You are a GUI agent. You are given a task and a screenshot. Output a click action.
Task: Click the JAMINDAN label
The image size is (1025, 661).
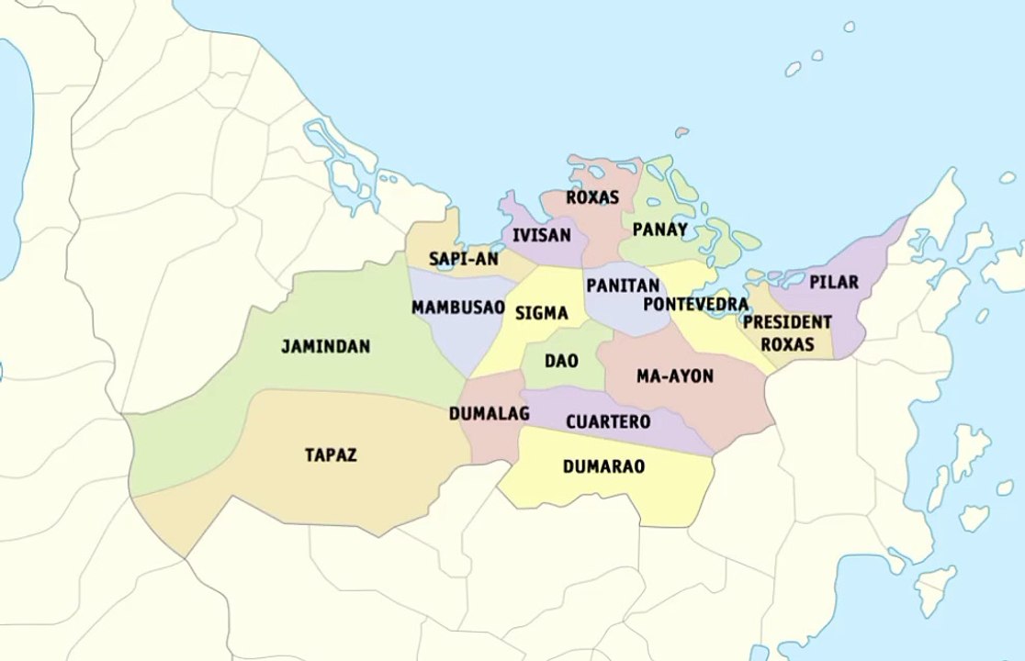click(325, 347)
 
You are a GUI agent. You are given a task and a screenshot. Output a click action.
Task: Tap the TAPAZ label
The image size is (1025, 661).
click(331, 454)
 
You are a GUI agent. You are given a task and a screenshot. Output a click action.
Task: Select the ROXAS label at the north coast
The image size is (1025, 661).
click(592, 197)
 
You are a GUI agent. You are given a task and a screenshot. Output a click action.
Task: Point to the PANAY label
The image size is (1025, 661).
click(659, 230)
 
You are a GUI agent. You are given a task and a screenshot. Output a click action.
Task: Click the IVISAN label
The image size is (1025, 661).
click(542, 235)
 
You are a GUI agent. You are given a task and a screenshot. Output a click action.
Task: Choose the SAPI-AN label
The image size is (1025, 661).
click(464, 260)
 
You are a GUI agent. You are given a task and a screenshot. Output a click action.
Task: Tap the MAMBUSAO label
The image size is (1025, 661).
click(457, 308)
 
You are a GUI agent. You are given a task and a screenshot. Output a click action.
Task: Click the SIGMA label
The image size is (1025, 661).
click(541, 313)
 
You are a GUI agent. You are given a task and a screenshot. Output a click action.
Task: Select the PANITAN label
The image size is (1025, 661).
click(623, 286)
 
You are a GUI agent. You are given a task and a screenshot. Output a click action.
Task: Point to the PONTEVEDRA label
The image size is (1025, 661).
click(695, 304)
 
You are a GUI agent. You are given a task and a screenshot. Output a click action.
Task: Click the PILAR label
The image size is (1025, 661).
click(834, 282)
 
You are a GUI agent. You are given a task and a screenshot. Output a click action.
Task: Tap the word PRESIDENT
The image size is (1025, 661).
click(787, 322)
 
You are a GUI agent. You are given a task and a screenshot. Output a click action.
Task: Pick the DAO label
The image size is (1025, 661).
click(561, 361)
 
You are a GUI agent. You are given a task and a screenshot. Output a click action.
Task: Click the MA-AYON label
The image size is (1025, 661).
click(674, 376)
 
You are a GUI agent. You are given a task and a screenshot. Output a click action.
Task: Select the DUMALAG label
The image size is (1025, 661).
click(489, 414)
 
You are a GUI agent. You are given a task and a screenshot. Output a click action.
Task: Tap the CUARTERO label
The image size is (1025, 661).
click(608, 422)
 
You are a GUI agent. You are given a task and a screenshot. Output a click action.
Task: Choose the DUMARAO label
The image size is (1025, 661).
click(603, 466)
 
